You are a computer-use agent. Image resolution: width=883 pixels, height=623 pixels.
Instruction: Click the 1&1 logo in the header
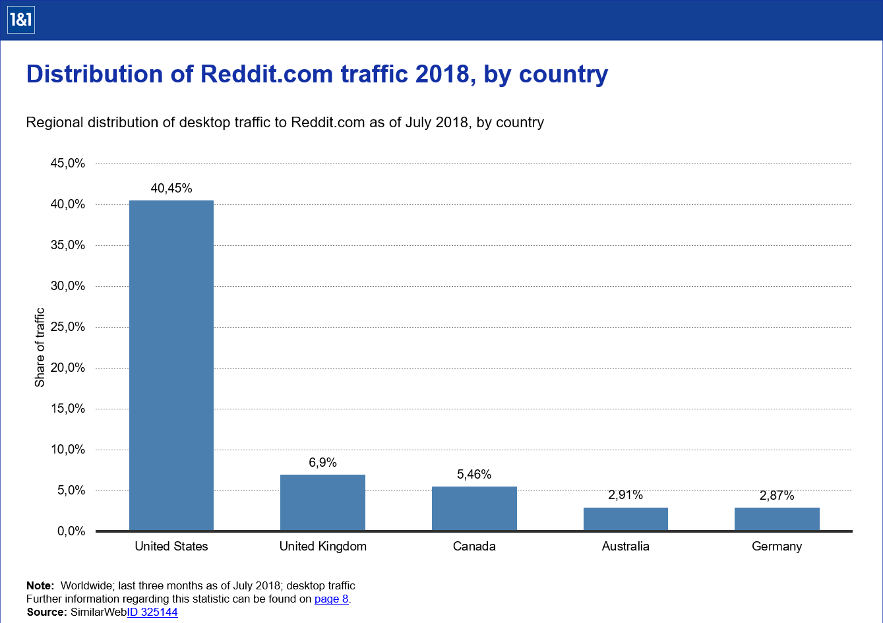20,20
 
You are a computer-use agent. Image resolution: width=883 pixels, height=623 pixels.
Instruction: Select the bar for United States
171,365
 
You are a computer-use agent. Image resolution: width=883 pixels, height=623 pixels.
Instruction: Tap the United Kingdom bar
322,502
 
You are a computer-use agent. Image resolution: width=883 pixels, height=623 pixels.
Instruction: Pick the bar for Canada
474,508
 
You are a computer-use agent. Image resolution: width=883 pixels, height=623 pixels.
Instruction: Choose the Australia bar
625,519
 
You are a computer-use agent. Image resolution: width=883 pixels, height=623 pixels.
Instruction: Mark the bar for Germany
777,519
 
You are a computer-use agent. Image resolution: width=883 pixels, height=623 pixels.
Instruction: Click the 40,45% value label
171,189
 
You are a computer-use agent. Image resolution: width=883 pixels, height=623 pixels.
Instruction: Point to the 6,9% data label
322,463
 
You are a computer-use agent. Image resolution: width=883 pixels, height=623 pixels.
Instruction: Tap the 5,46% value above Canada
474,475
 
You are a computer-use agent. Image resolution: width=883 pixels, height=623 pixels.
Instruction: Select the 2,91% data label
625,495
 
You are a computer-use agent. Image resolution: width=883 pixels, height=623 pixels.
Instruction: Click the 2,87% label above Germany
777,496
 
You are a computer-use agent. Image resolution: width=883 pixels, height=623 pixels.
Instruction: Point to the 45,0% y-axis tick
68,163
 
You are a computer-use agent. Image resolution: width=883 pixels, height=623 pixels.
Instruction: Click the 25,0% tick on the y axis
68,327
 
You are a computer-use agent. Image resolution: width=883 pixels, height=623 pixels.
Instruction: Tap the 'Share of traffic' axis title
40,347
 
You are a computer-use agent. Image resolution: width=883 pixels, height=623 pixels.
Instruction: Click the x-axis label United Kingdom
322,547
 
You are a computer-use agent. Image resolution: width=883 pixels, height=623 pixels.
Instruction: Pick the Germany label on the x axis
777,547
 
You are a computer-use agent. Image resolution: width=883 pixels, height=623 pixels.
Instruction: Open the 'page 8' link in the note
331,599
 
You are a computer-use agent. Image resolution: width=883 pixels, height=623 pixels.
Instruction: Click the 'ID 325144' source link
152,612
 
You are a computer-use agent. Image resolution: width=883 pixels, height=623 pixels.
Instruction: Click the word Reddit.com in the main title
266,74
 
